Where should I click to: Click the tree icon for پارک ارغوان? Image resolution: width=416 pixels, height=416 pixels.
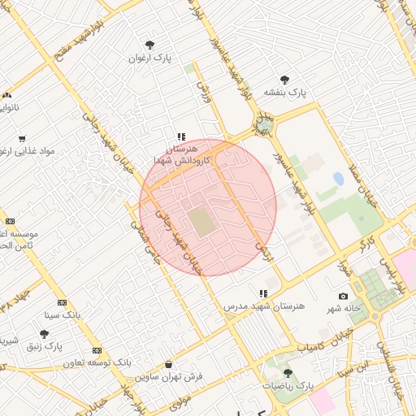tap(149, 45)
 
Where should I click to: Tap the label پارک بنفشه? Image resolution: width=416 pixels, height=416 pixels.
tap(284, 93)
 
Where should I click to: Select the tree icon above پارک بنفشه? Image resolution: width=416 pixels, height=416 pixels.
tap(284, 80)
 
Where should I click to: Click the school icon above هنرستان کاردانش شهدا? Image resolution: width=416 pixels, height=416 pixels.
tap(181, 137)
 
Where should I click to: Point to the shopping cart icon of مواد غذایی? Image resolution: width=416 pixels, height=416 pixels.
tap(21, 139)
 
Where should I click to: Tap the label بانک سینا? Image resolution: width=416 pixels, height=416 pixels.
tap(63, 314)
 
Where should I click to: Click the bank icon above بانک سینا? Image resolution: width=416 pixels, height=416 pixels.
tap(63, 302)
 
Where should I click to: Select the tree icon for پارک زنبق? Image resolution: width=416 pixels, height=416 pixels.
tap(44, 334)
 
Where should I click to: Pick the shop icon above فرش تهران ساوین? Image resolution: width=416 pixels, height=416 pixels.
tap(168, 364)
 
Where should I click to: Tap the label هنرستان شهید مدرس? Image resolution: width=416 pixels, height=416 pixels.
tap(263, 306)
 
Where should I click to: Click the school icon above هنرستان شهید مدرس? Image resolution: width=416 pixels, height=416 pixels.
tap(262, 293)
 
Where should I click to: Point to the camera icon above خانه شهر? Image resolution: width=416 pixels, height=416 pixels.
tap(343, 297)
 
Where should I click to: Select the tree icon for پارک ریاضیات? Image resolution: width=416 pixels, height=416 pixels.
tap(287, 373)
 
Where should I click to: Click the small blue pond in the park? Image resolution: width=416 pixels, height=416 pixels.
tap(338, 178)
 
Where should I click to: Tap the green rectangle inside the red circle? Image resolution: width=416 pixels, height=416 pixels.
tap(200, 222)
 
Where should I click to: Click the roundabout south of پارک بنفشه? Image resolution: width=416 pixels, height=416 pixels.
tap(264, 125)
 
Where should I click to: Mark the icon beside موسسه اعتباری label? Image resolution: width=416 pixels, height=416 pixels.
tap(10, 221)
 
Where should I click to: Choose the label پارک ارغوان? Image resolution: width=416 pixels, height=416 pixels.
tap(149, 58)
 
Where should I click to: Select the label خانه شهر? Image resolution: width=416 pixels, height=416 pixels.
tap(343, 310)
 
